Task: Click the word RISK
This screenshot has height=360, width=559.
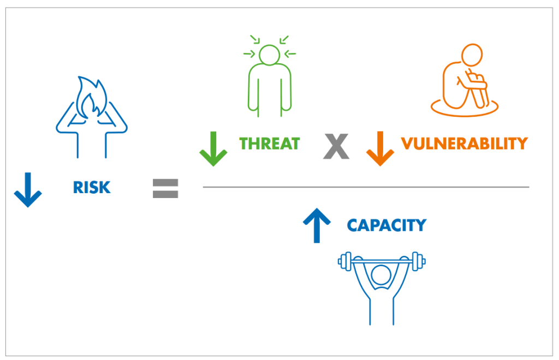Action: pyautogui.click(x=91, y=188)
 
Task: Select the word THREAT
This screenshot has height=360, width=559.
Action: pyautogui.click(x=270, y=143)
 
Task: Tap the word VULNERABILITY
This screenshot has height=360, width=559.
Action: pyautogui.click(x=464, y=143)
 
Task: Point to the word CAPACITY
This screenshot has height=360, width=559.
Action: pyautogui.click(x=386, y=225)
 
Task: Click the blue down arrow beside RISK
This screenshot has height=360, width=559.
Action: pyautogui.click(x=27, y=189)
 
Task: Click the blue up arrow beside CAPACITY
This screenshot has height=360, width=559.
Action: pyautogui.click(x=317, y=226)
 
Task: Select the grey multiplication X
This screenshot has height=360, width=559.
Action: pyautogui.click(x=336, y=146)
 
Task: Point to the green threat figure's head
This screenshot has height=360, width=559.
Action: pyautogui.click(x=269, y=55)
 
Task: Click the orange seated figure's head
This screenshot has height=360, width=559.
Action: pyautogui.click(x=472, y=55)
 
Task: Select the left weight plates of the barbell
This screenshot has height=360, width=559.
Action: pyautogui.click(x=344, y=261)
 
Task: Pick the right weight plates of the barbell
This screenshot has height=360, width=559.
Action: pyautogui.click(x=417, y=261)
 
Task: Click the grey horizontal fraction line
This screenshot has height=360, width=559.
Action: pyautogui.click(x=366, y=187)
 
